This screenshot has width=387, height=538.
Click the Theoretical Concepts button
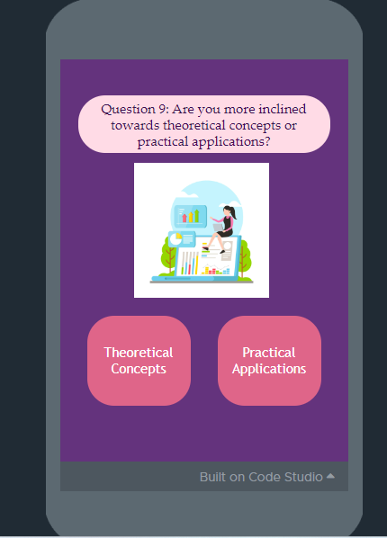(139, 361)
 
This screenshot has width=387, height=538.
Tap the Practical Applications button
(269, 361)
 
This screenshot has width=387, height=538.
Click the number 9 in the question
(162, 109)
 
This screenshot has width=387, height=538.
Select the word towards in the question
(135, 125)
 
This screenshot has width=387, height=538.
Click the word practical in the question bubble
(163, 142)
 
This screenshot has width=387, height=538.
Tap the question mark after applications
(267, 141)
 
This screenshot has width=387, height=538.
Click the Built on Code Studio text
(261, 477)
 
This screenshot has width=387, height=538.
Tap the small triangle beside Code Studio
(330, 476)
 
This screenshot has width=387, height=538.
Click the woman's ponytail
(234, 212)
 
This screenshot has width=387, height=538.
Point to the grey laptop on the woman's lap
(219, 228)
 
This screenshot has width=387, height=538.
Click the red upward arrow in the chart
(184, 218)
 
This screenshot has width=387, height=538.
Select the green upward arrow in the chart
(197, 216)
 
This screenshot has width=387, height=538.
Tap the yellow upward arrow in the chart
(191, 217)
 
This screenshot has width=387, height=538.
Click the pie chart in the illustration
(175, 238)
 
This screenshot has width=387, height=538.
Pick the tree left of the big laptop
(168, 257)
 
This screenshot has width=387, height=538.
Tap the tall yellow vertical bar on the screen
(197, 264)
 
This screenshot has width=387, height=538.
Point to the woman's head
(228, 210)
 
